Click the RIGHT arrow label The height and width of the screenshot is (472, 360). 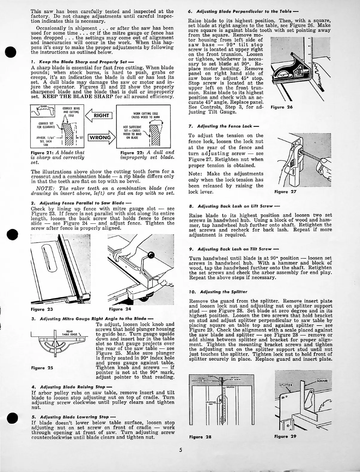(x=101, y=115)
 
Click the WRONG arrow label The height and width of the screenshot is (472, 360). (x=100, y=138)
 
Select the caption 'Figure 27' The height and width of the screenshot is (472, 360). (x=285, y=192)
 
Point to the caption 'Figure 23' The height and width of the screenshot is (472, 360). (x=42, y=309)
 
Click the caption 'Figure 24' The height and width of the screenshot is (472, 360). (x=120, y=309)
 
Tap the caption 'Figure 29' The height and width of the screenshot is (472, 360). (x=285, y=436)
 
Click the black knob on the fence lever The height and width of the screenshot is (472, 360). (x=152, y=255)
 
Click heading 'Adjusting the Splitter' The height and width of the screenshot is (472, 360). (x=221, y=292)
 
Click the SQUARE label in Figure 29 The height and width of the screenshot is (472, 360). (x=322, y=381)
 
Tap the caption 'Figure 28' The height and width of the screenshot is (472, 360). (x=200, y=436)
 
